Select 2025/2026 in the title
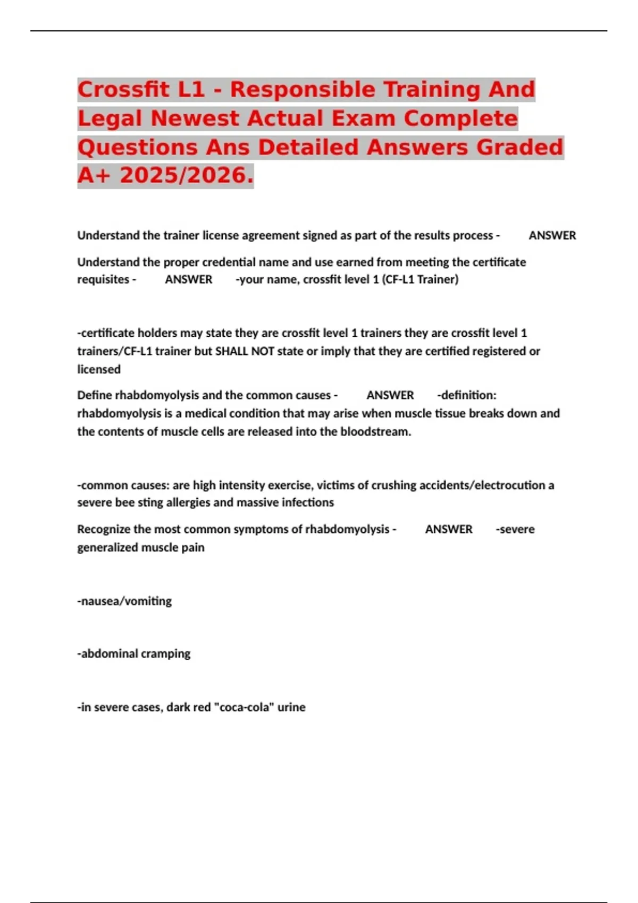pyautogui.click(x=186, y=175)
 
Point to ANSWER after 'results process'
pyautogui.click(x=552, y=235)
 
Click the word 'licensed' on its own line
pyautogui.click(x=99, y=369)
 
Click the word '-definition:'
pyautogui.click(x=467, y=395)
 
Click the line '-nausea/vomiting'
pyautogui.click(x=124, y=601)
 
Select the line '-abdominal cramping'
pyautogui.click(x=134, y=653)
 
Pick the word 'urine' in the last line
pyautogui.click(x=291, y=707)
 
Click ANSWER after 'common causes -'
pyautogui.click(x=390, y=395)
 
